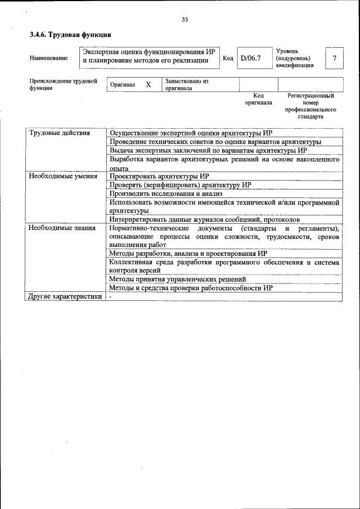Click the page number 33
click(184, 20)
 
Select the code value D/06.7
click(251, 58)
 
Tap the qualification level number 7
click(335, 58)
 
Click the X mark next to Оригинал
click(148, 84)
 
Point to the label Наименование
click(48, 58)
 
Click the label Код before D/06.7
click(228, 58)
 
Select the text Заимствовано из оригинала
click(187, 85)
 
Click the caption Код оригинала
click(258, 100)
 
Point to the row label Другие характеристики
click(65, 296)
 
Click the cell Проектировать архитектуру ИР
click(159, 176)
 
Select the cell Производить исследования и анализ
click(166, 193)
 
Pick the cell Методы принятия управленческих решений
click(177, 279)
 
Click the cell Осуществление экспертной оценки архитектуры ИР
click(191, 133)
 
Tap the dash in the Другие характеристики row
click(111, 296)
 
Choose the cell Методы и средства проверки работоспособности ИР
click(191, 287)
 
